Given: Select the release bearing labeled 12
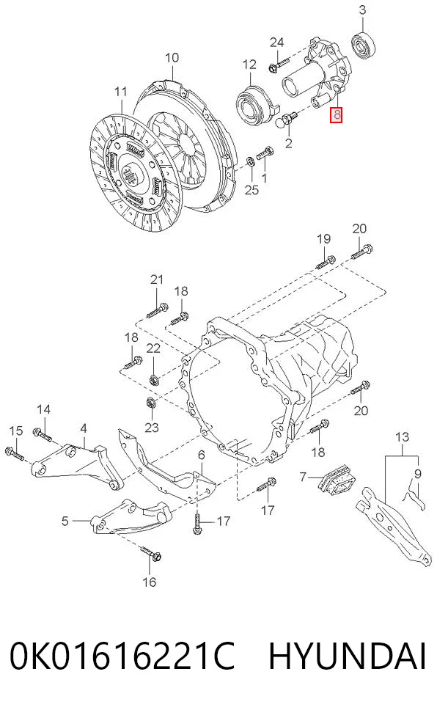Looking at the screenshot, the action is click(x=254, y=106).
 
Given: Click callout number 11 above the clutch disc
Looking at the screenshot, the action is click(x=120, y=92).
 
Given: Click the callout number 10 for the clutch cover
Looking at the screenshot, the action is click(x=172, y=57).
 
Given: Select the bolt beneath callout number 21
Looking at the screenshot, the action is click(x=158, y=310).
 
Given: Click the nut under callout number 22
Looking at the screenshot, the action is click(x=153, y=379).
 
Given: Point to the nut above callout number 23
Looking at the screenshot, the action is click(x=150, y=402).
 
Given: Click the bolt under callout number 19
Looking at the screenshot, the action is click(x=325, y=262).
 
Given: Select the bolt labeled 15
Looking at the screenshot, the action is click(x=15, y=453).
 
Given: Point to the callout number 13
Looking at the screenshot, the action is click(x=402, y=437).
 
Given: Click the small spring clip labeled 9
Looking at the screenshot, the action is click(x=413, y=497).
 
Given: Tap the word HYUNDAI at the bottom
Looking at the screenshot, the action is click(x=348, y=656).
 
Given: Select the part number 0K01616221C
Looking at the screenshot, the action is click(x=122, y=656).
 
